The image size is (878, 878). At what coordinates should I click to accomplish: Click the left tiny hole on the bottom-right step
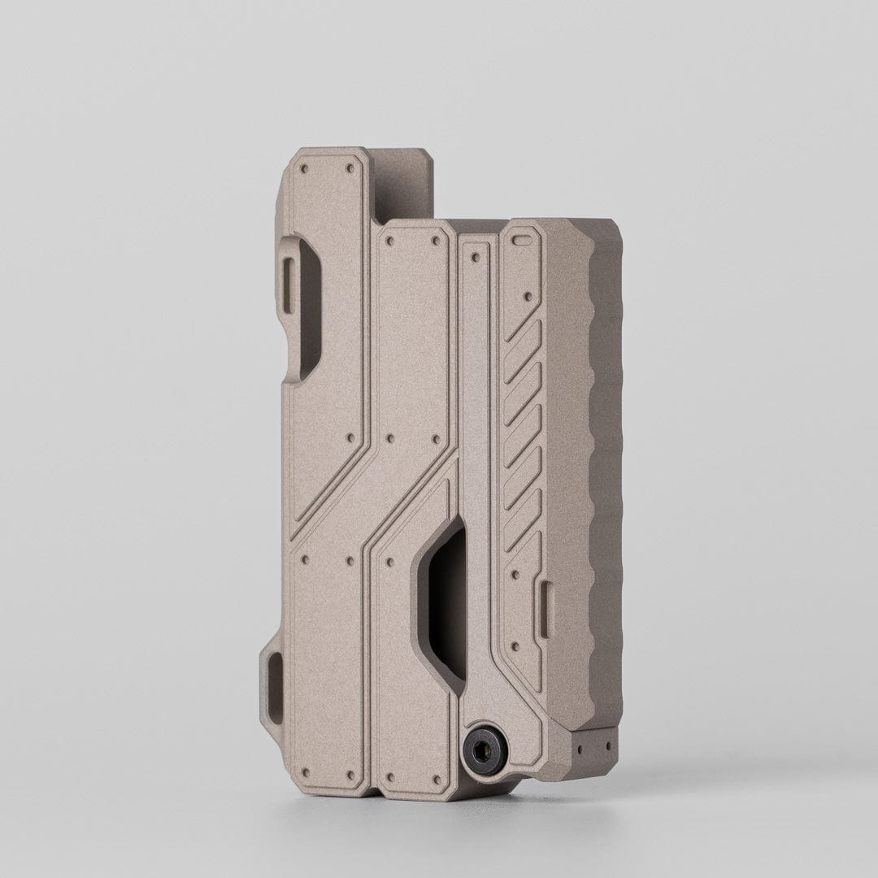(x=582, y=743)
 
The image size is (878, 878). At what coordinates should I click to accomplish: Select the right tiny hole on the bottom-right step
(x=606, y=742)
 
